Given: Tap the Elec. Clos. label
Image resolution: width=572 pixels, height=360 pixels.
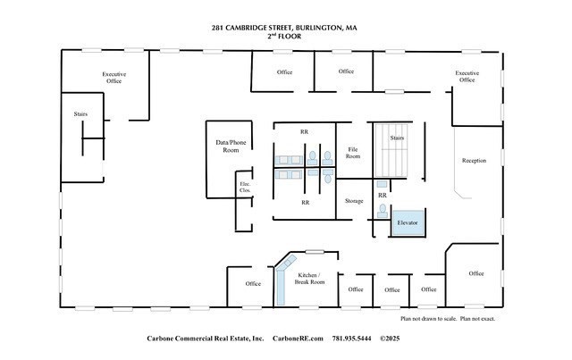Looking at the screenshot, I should [x=244, y=188].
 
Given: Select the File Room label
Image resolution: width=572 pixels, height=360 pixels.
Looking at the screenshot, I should [x=353, y=154].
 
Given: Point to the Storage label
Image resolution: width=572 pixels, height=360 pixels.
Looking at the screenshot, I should [x=354, y=202].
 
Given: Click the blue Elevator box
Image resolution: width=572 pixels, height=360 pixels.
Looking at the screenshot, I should [x=408, y=222].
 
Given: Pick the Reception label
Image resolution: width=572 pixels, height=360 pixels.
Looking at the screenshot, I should [x=474, y=161].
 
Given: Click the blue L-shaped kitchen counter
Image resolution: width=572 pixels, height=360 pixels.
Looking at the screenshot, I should [x=281, y=277].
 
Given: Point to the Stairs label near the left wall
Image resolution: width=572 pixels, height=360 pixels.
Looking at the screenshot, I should [x=80, y=114].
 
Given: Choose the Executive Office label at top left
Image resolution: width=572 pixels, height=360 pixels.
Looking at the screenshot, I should [x=114, y=78].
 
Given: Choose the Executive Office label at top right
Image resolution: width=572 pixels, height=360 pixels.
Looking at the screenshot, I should [x=467, y=77].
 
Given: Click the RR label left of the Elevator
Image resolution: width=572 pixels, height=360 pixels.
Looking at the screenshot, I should [x=382, y=195].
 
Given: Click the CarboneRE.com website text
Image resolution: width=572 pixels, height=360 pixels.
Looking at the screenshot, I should [x=297, y=339].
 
